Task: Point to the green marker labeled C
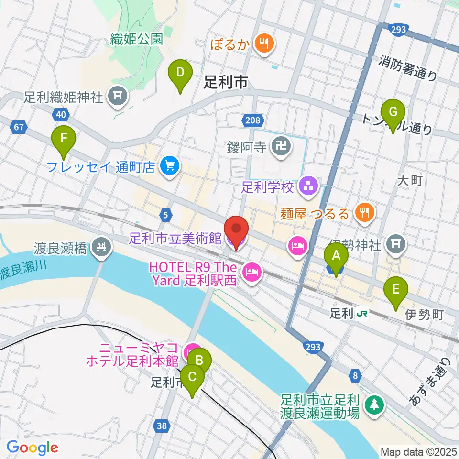pos(192,377)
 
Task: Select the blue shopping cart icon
pos(169,166)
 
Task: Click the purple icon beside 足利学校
pos(306,186)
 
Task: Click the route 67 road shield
pos(19,127)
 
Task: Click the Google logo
pos(32,447)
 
